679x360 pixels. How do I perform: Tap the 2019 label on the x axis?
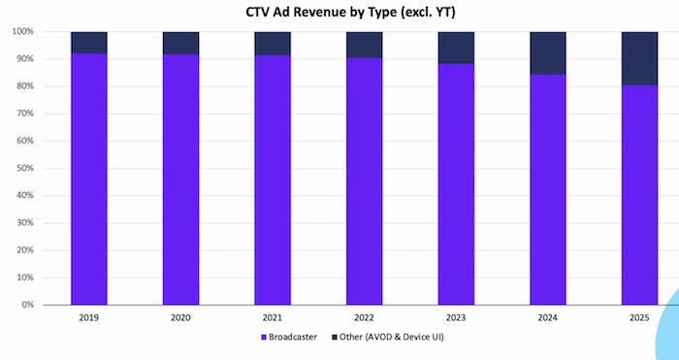[88, 316]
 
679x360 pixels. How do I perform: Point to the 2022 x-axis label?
[364, 316]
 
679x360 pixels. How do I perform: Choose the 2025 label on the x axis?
[639, 316]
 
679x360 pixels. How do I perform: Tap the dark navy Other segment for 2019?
[88, 42]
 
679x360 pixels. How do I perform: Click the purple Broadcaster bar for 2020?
[180, 180]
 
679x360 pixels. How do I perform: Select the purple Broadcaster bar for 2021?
[273, 180]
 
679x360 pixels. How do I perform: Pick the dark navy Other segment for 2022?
[364, 45]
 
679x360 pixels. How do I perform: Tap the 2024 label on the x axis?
[547, 316]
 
